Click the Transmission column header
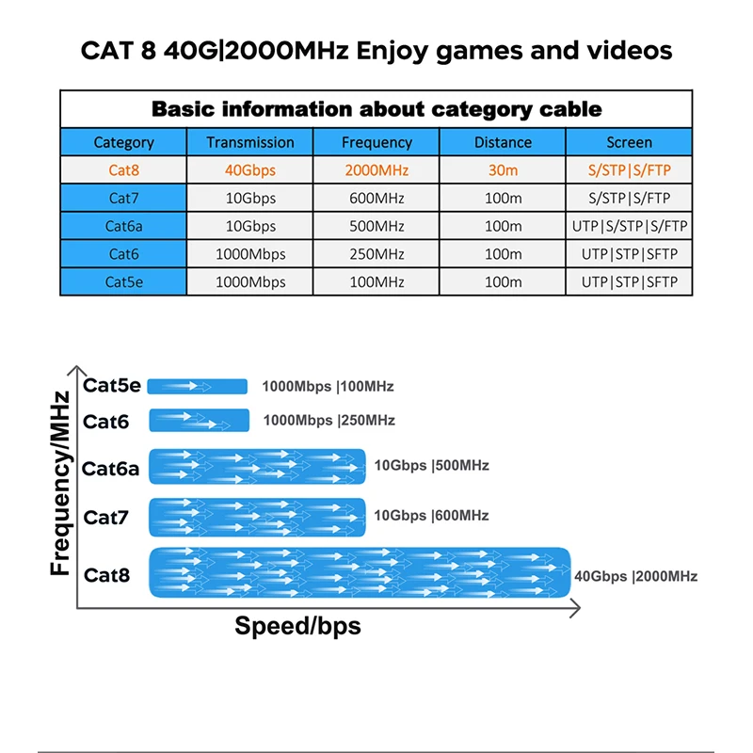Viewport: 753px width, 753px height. tap(250, 142)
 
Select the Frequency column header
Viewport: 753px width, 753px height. tap(376, 142)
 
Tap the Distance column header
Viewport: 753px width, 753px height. tap(503, 142)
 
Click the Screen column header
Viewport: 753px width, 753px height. tap(630, 142)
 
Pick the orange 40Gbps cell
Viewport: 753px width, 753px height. tap(250, 170)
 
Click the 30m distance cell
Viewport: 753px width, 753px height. tap(503, 170)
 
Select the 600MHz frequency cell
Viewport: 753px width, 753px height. tap(376, 199)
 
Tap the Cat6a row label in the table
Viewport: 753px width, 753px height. tap(124, 226)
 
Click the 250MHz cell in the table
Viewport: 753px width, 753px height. tap(376, 254)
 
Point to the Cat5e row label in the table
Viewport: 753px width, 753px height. tap(124, 281)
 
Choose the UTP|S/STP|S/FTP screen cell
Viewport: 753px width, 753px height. tap(630, 226)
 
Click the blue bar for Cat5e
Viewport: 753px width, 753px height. tap(198, 386)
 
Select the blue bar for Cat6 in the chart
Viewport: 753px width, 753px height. tap(199, 420)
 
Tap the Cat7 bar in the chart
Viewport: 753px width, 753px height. tap(257, 517)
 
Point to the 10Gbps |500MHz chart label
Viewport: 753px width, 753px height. tap(432, 465)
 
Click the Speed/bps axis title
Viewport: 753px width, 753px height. tap(297, 626)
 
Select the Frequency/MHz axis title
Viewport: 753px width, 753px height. tap(60, 483)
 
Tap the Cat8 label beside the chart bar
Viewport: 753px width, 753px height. tap(106, 573)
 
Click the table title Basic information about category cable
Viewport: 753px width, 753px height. tap(376, 109)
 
